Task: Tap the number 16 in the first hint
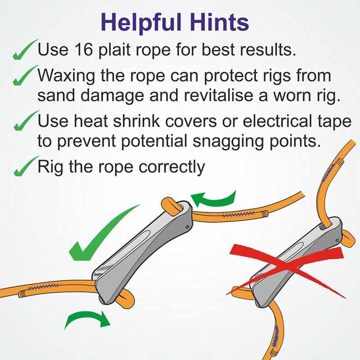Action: click(x=84, y=49)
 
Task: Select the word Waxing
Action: click(x=66, y=76)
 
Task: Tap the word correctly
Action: click(x=172, y=167)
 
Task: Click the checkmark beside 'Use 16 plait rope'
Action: click(x=25, y=50)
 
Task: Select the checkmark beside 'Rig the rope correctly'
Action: click(x=25, y=166)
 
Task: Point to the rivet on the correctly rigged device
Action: click(x=187, y=227)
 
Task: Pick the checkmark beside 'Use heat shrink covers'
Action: click(x=25, y=120)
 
